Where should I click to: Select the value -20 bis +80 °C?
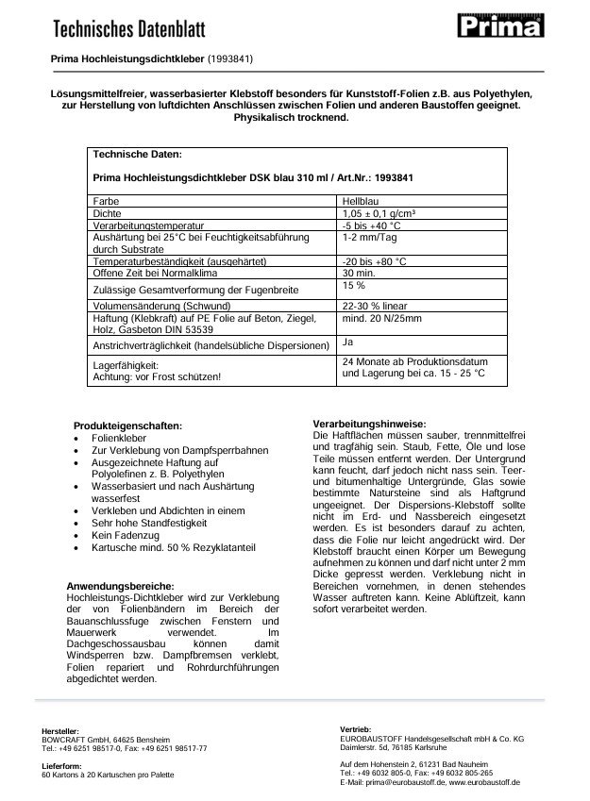point(375,260)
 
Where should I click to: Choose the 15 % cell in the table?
point(353,285)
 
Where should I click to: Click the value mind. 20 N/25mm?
point(380,318)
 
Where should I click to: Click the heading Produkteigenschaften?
point(127,426)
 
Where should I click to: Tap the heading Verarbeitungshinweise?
point(369,424)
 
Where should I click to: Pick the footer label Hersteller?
point(60,731)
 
